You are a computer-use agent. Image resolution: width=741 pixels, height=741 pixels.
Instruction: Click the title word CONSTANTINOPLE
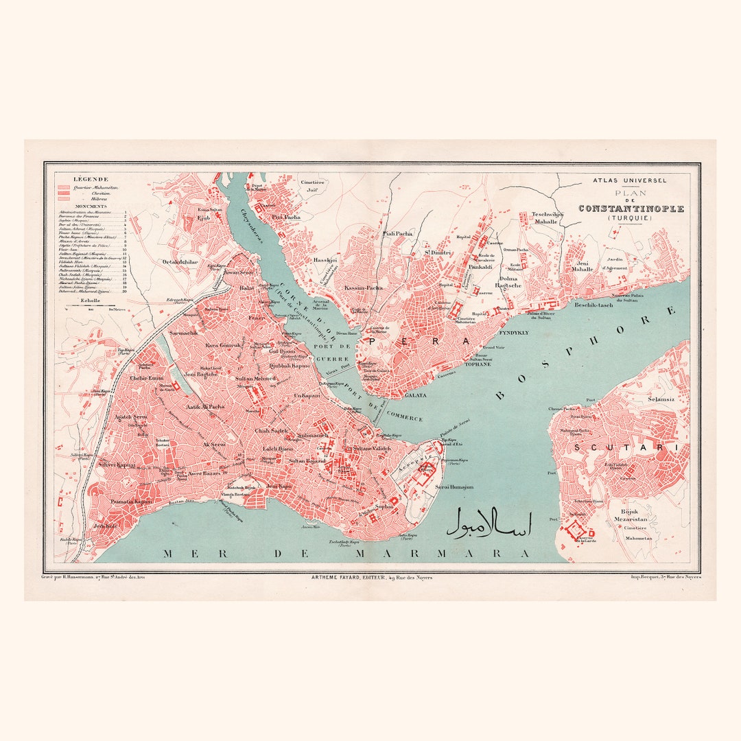631,209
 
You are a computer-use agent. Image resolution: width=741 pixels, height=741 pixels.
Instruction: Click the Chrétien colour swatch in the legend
64,193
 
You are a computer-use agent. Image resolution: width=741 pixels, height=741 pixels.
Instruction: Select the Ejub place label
203,217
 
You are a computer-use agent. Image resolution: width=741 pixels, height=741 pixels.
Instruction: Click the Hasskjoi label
325,261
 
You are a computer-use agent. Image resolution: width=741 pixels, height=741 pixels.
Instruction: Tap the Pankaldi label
480,267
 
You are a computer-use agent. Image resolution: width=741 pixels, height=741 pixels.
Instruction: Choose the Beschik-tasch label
594,304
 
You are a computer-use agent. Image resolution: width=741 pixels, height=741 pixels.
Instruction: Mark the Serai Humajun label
454,486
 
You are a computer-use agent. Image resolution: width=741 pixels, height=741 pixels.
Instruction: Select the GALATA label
416,395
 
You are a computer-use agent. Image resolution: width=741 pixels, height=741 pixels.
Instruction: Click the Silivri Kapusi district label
117,464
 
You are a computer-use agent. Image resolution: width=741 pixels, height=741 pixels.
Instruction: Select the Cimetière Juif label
313,186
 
